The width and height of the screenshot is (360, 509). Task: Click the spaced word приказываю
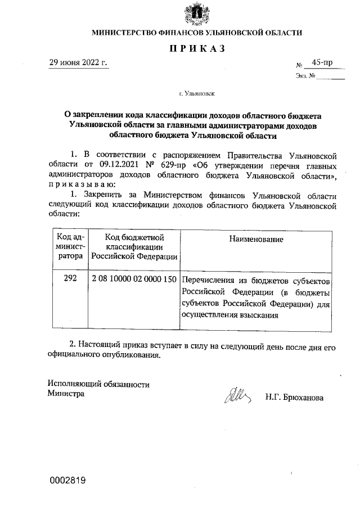coord(83,184)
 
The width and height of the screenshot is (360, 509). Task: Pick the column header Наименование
coord(256,240)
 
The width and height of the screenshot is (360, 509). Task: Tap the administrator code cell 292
coord(70,279)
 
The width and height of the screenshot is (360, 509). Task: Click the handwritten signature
coord(237,396)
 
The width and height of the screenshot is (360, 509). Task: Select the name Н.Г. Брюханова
coord(294,397)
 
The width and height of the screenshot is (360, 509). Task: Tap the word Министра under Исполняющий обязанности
coord(66,394)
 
